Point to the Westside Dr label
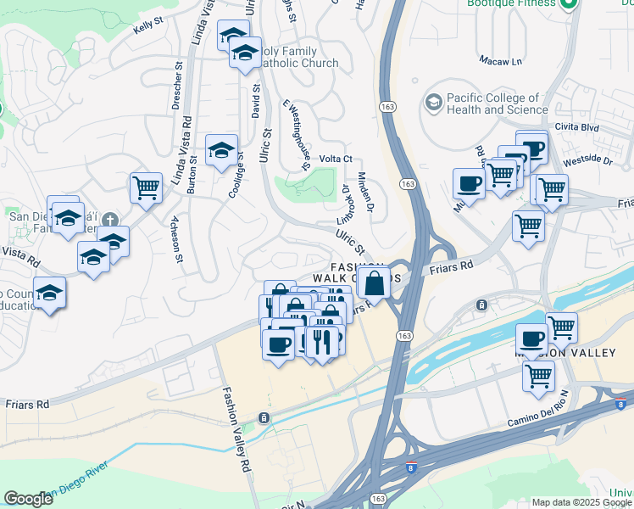587,159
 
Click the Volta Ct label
335,159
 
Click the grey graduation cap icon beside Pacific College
434,103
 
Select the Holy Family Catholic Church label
293,58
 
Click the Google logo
28,499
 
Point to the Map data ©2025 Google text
581,502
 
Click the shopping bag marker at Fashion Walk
373,282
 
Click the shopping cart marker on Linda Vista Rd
146,187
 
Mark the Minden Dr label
365,191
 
